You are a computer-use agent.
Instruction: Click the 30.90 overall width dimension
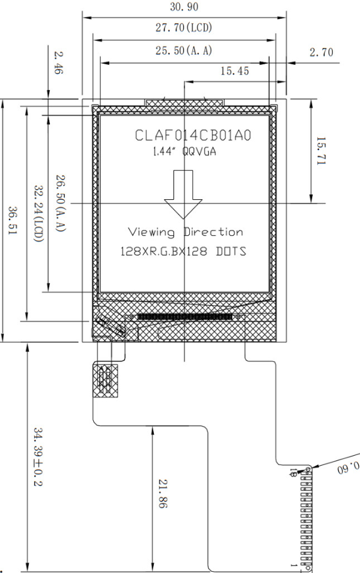click(x=184, y=6)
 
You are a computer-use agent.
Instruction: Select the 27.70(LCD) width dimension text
click(x=184, y=27)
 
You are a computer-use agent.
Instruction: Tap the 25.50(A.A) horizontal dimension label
click(x=184, y=50)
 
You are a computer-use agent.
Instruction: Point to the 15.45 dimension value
click(x=235, y=71)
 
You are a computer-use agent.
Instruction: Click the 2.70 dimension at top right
click(x=322, y=52)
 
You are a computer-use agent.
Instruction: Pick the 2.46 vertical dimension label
click(x=59, y=62)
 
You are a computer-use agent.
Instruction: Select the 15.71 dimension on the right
click(x=320, y=151)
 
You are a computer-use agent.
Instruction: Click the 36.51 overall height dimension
click(x=13, y=221)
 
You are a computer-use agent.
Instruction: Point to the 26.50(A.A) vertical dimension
click(x=61, y=203)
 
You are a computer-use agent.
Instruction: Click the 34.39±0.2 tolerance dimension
click(x=38, y=457)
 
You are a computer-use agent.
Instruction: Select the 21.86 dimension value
click(x=163, y=494)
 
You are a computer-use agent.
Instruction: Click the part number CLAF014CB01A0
click(x=193, y=135)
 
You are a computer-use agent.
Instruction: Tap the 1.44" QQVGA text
click(x=184, y=151)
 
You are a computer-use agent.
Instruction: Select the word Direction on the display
click(x=214, y=232)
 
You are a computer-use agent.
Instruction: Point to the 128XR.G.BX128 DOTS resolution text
click(x=183, y=252)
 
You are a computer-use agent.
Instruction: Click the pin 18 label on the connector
click(x=293, y=473)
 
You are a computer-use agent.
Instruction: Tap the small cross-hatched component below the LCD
click(x=105, y=381)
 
